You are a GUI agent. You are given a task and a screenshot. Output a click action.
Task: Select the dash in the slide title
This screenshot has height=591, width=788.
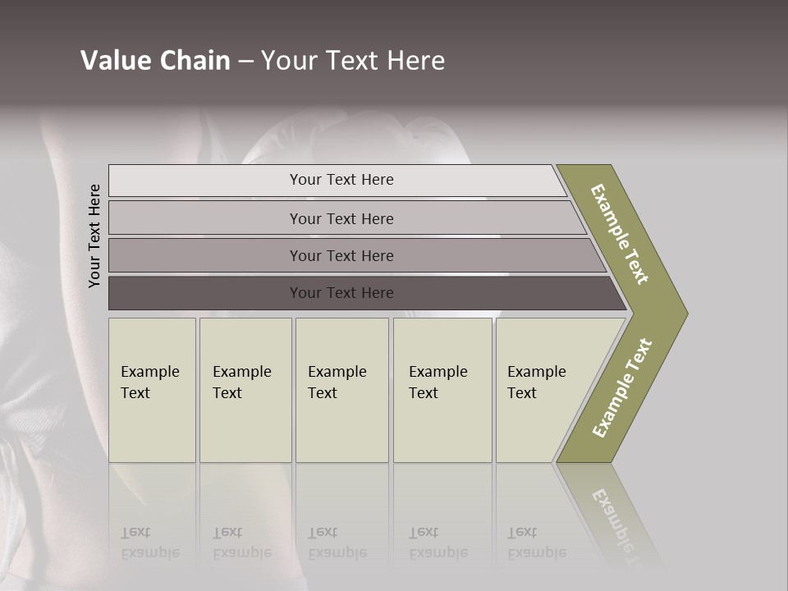click(245, 61)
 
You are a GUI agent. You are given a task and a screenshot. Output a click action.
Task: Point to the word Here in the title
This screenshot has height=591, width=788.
click(415, 61)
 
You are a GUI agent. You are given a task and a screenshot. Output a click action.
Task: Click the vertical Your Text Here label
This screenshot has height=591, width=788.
click(94, 236)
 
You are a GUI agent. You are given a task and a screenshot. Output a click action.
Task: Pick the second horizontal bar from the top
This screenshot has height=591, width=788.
click(341, 218)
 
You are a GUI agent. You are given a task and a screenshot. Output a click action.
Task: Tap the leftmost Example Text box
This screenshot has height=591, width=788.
click(152, 389)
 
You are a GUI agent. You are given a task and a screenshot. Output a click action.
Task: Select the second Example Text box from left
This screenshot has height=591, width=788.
click(245, 389)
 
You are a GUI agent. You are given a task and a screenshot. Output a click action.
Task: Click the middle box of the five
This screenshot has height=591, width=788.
click(341, 389)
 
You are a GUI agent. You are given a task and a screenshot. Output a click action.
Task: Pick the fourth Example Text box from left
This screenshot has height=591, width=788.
click(442, 389)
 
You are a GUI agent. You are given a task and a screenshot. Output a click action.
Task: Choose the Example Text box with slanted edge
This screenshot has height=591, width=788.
click(543, 389)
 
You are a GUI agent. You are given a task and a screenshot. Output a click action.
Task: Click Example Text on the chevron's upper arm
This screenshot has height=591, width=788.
click(620, 233)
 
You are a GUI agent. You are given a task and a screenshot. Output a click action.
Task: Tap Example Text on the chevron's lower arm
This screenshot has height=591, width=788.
click(622, 388)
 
